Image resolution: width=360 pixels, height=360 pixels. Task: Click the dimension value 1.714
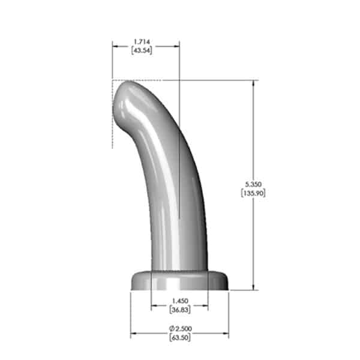point(142,41)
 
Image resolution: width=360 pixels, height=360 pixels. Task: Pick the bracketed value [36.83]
point(179,309)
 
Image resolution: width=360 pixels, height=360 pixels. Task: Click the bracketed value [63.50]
point(179,338)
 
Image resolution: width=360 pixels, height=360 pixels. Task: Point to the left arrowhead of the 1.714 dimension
point(115,45)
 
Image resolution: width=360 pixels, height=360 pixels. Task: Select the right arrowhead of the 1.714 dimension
point(177,45)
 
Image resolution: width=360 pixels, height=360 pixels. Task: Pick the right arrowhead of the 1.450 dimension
point(205,305)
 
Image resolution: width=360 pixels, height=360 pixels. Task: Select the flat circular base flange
point(179,281)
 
